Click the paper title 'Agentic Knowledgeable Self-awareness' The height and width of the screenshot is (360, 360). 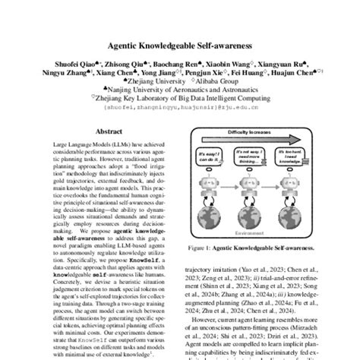[x=179, y=45]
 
